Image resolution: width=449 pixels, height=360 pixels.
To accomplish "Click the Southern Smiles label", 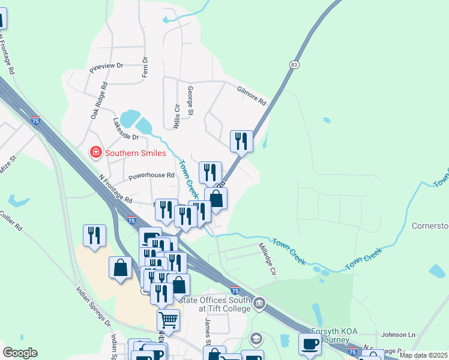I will click(x=135, y=153).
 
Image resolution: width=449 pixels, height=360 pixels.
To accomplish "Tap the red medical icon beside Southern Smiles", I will click(x=95, y=153).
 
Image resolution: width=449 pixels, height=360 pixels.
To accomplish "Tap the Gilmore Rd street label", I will click(x=251, y=96).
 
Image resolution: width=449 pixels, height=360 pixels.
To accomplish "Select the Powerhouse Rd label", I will click(x=151, y=176).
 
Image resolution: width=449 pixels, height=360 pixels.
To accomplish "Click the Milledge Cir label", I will click(x=267, y=259).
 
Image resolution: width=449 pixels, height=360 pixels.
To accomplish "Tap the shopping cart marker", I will click(x=168, y=319).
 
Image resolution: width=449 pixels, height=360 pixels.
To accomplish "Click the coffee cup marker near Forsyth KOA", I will click(x=310, y=344).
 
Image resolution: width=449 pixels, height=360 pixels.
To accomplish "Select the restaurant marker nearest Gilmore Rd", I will click(x=241, y=142).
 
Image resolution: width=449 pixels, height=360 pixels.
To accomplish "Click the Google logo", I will click(x=20, y=353).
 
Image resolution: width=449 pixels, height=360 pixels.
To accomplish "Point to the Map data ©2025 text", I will click(x=423, y=355).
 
